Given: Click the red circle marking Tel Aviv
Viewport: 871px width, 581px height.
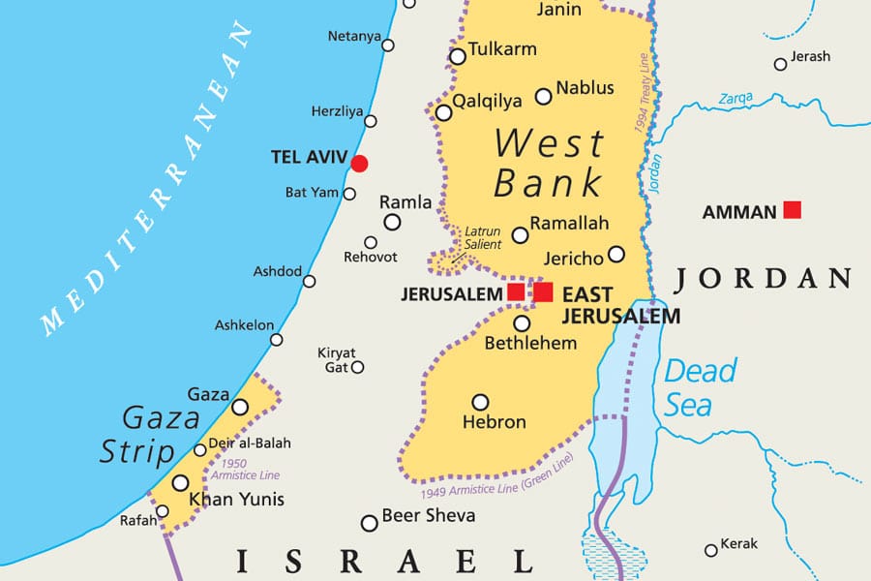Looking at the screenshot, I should click(359, 164).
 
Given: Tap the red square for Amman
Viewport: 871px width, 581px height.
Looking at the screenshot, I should click(793, 209).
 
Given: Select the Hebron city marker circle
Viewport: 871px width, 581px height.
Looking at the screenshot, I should click(480, 402).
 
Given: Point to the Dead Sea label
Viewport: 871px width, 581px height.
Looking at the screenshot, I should click(700, 387).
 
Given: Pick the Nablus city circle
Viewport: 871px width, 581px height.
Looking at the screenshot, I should click(544, 96).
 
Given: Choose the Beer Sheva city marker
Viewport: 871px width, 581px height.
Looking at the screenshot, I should click(369, 523).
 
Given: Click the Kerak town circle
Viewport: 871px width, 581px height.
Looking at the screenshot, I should click(711, 550).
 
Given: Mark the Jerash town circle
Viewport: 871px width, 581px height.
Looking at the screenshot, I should click(780, 64).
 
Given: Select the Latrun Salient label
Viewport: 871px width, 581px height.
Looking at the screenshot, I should click(482, 238).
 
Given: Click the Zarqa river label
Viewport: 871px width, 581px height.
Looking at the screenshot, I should click(736, 98).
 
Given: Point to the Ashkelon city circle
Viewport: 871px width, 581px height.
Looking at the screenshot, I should click(277, 339).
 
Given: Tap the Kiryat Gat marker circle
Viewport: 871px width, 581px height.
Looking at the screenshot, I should click(357, 367).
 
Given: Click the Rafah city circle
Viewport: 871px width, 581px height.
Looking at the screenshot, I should click(162, 511).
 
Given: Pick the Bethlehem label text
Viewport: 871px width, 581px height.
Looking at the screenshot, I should click(530, 343).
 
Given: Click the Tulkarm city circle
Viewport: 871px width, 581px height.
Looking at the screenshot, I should click(457, 57).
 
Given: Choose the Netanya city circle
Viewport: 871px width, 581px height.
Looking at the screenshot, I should click(388, 46).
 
